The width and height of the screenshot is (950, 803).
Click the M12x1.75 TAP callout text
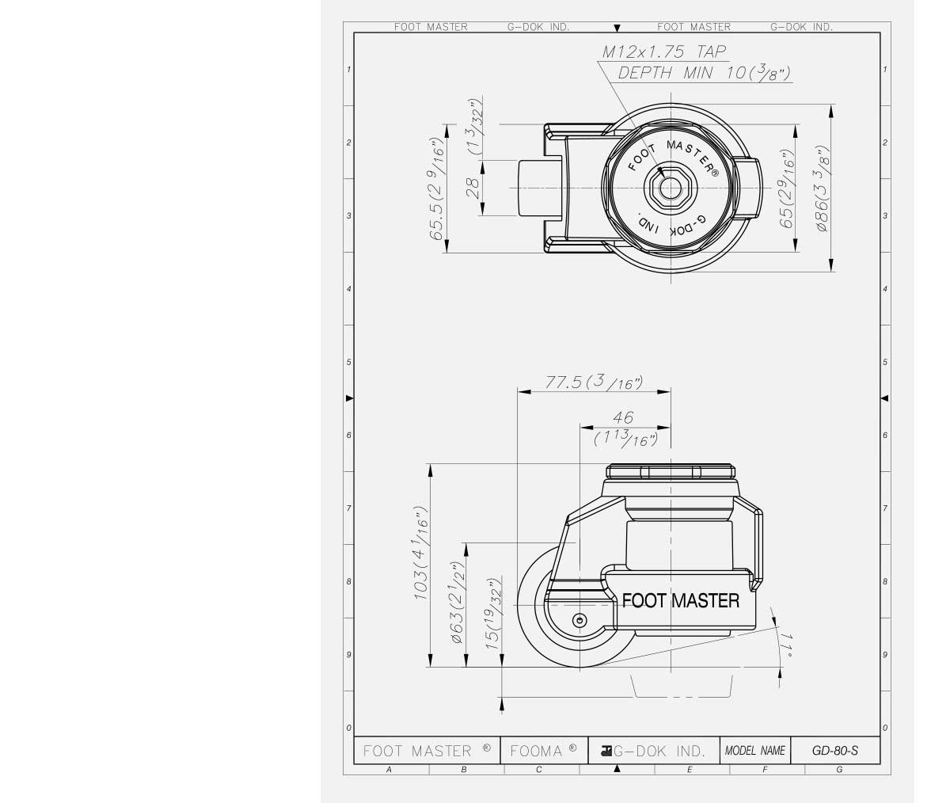(664, 52)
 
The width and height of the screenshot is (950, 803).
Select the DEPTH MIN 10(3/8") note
(704, 72)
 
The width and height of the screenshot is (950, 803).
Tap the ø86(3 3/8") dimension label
(823, 188)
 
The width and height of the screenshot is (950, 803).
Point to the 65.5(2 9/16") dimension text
(436, 188)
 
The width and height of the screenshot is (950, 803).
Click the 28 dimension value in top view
(473, 188)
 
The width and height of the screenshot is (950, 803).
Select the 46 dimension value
(623, 417)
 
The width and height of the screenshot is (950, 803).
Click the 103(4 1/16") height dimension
(421, 552)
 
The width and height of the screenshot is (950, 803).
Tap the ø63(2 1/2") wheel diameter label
(457, 602)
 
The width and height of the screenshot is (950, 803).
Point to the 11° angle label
(788, 645)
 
